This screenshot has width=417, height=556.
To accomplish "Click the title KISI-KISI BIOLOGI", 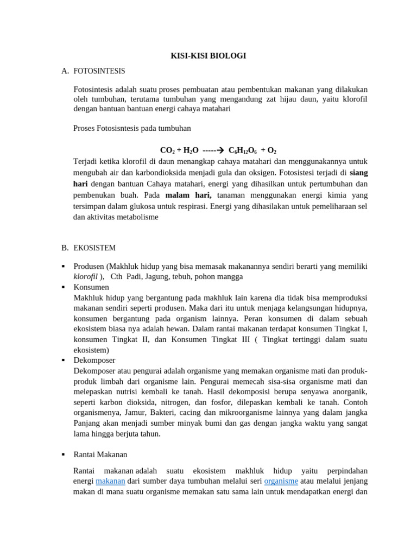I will [x=208, y=56].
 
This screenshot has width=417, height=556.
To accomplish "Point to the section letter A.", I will [x=65, y=71].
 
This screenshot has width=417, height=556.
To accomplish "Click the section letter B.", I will [x=65, y=248].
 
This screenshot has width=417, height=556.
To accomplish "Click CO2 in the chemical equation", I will [x=167, y=150].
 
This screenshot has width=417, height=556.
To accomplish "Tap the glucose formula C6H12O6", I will [x=242, y=150].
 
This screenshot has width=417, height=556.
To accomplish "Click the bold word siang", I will [x=359, y=173].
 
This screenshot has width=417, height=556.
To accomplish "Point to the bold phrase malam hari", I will [x=188, y=195].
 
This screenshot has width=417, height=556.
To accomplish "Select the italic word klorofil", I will [x=85, y=276].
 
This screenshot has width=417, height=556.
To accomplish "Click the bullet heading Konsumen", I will [x=91, y=287].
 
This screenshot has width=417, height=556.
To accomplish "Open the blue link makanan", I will [x=110, y=481].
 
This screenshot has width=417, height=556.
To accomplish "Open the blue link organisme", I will [x=281, y=481].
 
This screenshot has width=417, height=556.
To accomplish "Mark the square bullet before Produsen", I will [x=64, y=266].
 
